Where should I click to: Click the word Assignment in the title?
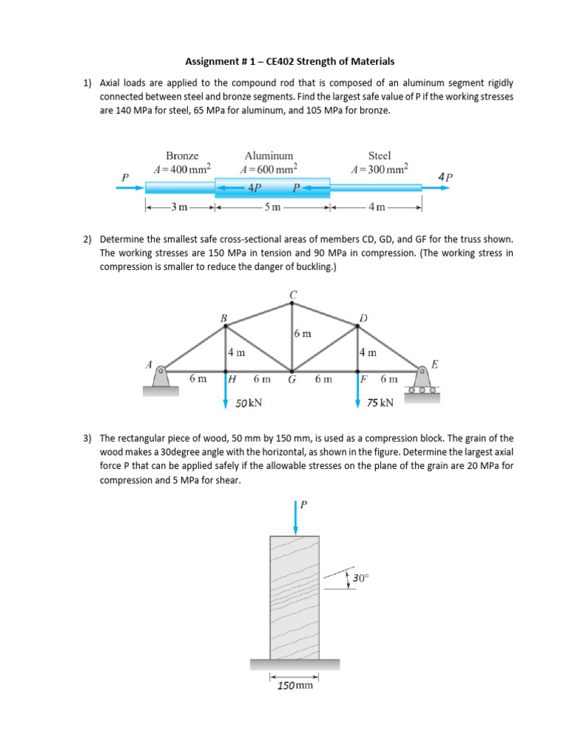(211, 61)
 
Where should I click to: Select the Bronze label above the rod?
(181, 156)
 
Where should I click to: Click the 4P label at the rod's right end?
(445, 177)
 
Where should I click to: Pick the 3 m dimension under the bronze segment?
(178, 206)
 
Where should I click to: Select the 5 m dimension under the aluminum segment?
(273, 206)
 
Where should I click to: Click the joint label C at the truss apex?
(293, 295)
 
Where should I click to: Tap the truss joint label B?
(223, 318)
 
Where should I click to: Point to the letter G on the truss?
(292, 380)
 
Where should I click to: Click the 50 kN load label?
(248, 403)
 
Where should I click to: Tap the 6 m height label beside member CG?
(302, 333)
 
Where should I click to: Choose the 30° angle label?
(359, 579)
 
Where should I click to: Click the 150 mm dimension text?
(295, 685)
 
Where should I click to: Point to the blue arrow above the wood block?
(296, 517)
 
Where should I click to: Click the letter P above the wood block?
(304, 504)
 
